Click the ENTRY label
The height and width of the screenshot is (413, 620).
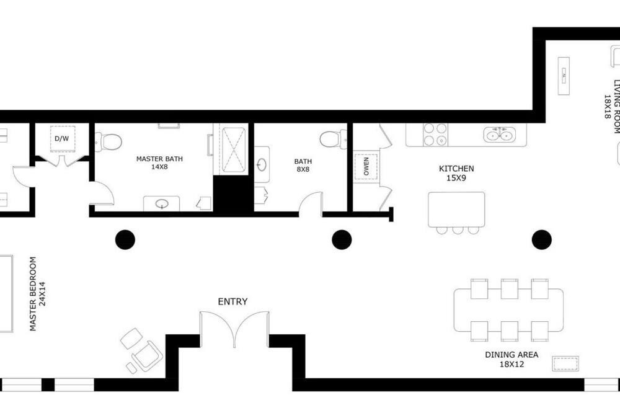coord(232,301)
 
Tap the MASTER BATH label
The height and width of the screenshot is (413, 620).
coord(159,159)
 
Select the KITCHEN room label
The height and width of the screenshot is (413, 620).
coord(456,169)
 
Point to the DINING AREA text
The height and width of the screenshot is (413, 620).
coord(511,355)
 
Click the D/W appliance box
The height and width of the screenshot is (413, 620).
coord(62,138)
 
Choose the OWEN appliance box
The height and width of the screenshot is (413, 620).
coord(366,166)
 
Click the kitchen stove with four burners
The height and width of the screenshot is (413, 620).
coord(435,135)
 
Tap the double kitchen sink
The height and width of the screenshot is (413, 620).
coord(500,135)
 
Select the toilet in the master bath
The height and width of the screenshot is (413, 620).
coord(108,141)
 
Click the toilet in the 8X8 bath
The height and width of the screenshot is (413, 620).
coord(333,138)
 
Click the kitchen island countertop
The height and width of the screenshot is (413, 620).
coord(456,210)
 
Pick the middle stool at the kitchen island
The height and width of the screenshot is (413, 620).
coord(458,230)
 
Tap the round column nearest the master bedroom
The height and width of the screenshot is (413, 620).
coord(125,240)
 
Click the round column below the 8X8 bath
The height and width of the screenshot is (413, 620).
coord(342,240)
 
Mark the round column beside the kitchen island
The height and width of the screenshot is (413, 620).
coord(542,240)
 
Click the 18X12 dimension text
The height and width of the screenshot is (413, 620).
coord(511,364)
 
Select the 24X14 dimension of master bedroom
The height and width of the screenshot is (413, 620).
coord(42,294)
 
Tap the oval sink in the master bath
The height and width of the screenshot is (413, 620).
coord(161,204)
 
